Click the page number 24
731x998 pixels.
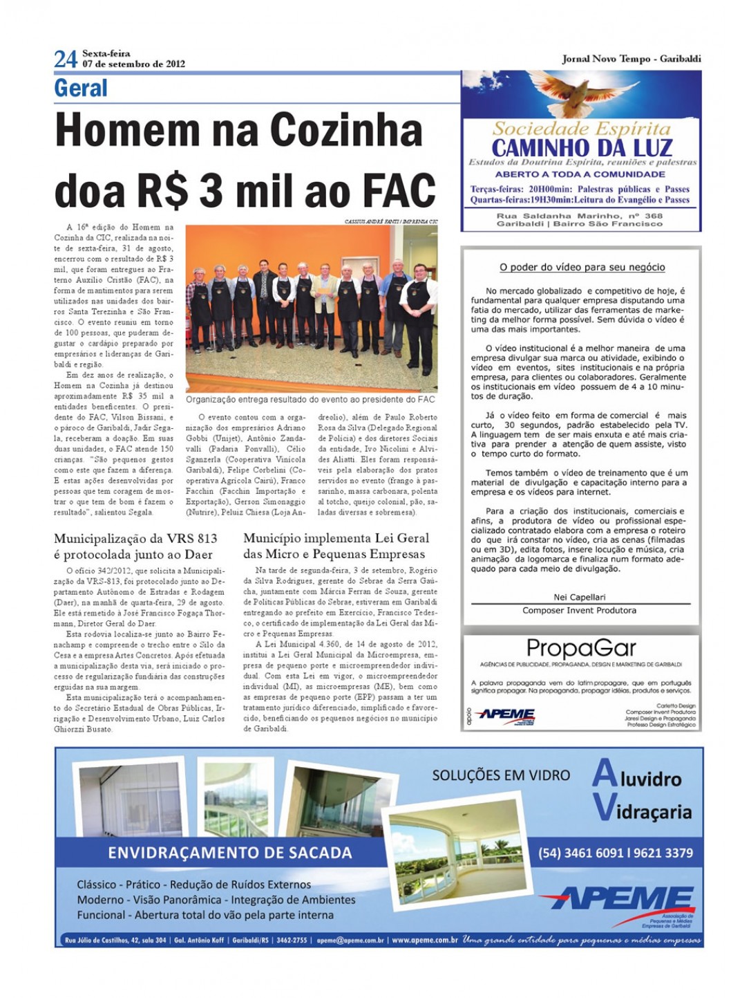66,59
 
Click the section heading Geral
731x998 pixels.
81,89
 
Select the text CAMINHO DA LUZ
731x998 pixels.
582,147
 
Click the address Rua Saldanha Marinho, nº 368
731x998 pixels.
579,216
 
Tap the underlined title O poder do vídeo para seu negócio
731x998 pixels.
582,267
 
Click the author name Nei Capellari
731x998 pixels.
579,597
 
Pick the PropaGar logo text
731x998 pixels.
581,648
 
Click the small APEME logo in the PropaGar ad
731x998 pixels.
506,714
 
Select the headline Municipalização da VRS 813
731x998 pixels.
135,539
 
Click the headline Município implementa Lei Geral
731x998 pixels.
336,538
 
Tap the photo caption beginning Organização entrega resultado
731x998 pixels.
310,399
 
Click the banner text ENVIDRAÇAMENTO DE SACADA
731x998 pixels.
229,853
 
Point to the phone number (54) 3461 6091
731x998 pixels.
582,853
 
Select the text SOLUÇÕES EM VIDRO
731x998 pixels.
501,775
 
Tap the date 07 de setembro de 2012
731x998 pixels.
133,64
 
